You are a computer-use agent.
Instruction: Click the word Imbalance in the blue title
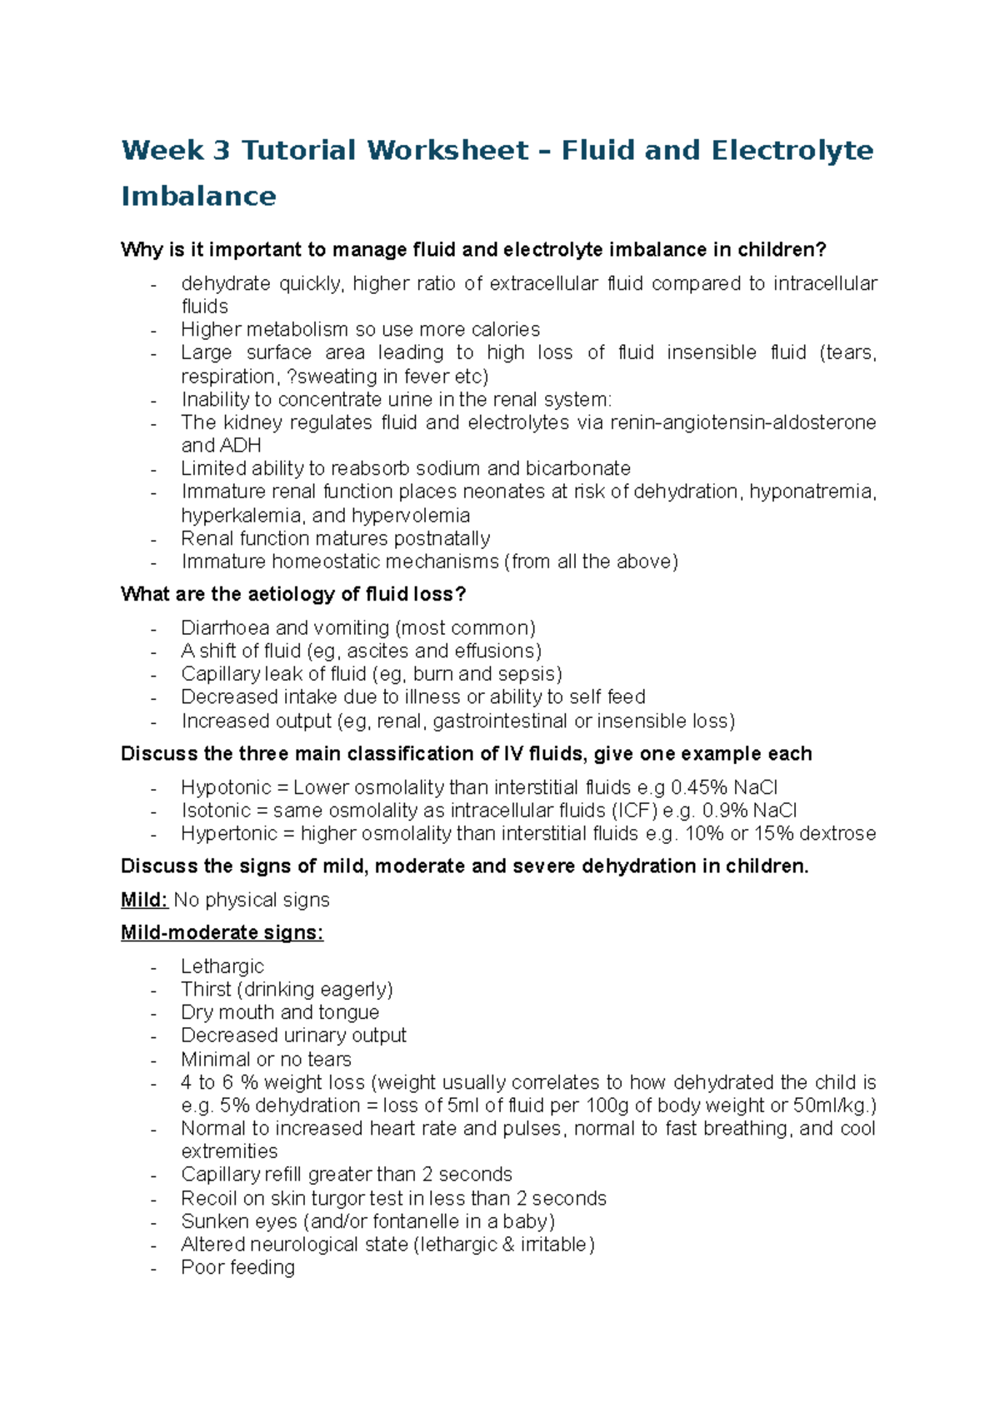point(198,196)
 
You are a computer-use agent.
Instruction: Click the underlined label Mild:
point(144,900)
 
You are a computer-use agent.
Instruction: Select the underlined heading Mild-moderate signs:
point(222,932)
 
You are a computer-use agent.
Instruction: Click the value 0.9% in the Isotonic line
point(724,811)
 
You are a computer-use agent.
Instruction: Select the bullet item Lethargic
point(222,966)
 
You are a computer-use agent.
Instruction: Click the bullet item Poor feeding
point(238,1267)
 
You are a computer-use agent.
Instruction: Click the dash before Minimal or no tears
point(154,1061)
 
